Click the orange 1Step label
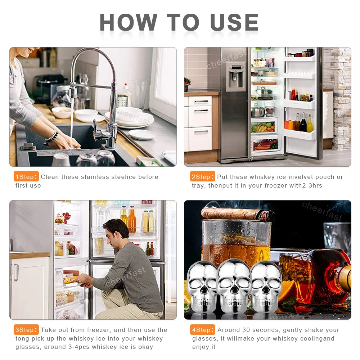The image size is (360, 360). pyautogui.click(x=26, y=176)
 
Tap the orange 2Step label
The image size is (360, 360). pyautogui.click(x=202, y=176)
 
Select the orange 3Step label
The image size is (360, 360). pyautogui.click(x=26, y=329)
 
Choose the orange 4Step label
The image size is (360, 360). pyautogui.click(x=202, y=329)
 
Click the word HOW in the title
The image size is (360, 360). pyautogui.click(x=129, y=22)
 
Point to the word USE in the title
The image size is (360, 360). pyautogui.click(x=234, y=22)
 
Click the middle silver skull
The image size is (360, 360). pyautogui.click(x=234, y=286)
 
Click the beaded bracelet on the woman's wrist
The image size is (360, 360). pyautogui.click(x=52, y=136)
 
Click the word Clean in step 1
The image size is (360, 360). pyautogui.click(x=50, y=177)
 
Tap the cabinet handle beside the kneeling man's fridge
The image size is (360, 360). pyautogui.click(x=16, y=272)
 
